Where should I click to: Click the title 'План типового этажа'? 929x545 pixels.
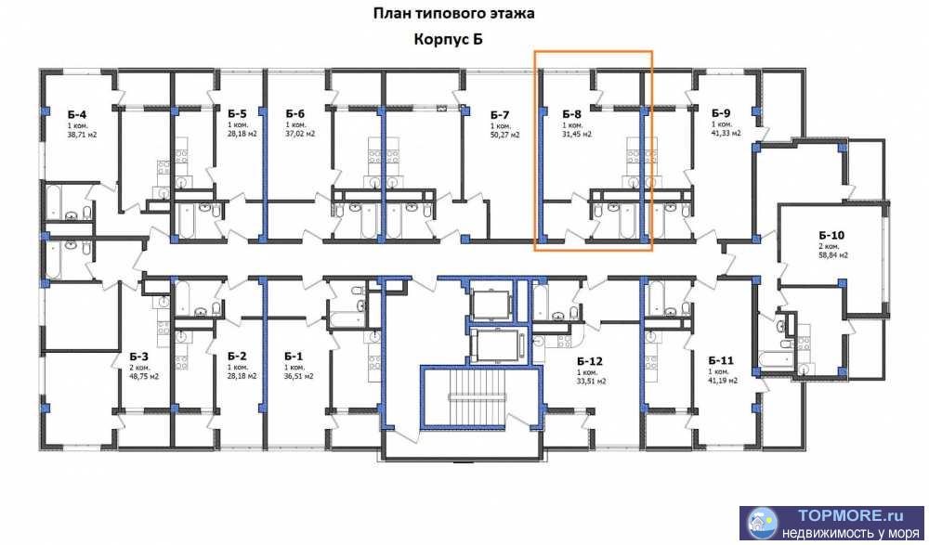[x=454, y=14]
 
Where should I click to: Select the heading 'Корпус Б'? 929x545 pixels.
[x=449, y=40]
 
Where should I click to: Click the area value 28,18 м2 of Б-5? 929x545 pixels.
[x=242, y=134]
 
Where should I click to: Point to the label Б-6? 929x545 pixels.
[x=295, y=113]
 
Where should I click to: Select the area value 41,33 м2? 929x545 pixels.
[x=726, y=134]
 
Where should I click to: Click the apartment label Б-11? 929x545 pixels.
[x=721, y=360]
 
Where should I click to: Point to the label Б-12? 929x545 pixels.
[x=590, y=361]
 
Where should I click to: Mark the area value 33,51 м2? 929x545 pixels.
[x=591, y=380]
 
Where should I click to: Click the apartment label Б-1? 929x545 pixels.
[x=294, y=356]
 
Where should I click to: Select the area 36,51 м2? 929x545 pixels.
[x=298, y=376]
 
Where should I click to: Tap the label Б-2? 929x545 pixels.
[x=237, y=356]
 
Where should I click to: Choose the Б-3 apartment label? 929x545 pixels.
[x=139, y=356]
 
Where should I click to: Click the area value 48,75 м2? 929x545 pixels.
[x=144, y=376]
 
